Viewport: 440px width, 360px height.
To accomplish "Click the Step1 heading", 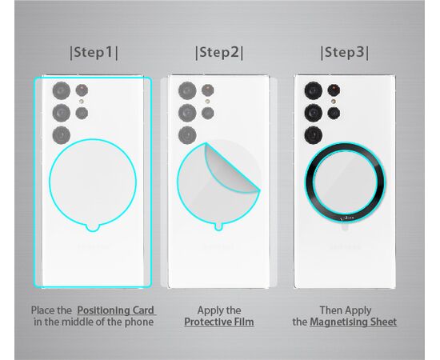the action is (x=94, y=53).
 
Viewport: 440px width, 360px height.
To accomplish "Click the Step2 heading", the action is (x=219, y=53).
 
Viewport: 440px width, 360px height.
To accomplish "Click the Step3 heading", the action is (x=345, y=53).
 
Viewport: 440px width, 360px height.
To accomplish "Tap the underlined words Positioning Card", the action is (x=116, y=310).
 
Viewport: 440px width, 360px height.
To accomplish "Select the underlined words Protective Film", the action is (x=219, y=322).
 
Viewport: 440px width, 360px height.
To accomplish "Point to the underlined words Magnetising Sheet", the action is (x=354, y=322).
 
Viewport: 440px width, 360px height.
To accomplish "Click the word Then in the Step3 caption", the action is (x=330, y=310).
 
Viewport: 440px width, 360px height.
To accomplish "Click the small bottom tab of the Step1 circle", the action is (x=92, y=228).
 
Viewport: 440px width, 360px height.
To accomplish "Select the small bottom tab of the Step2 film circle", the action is (x=218, y=227).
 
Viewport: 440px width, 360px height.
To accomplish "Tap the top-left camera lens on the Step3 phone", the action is (x=314, y=90).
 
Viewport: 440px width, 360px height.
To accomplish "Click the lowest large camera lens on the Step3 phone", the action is (x=314, y=135).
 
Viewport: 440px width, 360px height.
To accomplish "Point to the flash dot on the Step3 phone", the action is (x=334, y=102).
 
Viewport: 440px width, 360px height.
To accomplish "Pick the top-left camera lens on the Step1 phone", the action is (x=62, y=90).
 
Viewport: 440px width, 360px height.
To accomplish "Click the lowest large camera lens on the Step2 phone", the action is (x=187, y=135).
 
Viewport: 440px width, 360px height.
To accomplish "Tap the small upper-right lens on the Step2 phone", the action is (x=208, y=90).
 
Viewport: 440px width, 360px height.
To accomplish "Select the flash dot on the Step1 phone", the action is (x=82, y=102).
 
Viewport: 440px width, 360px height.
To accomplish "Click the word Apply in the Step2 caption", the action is (x=208, y=311).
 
